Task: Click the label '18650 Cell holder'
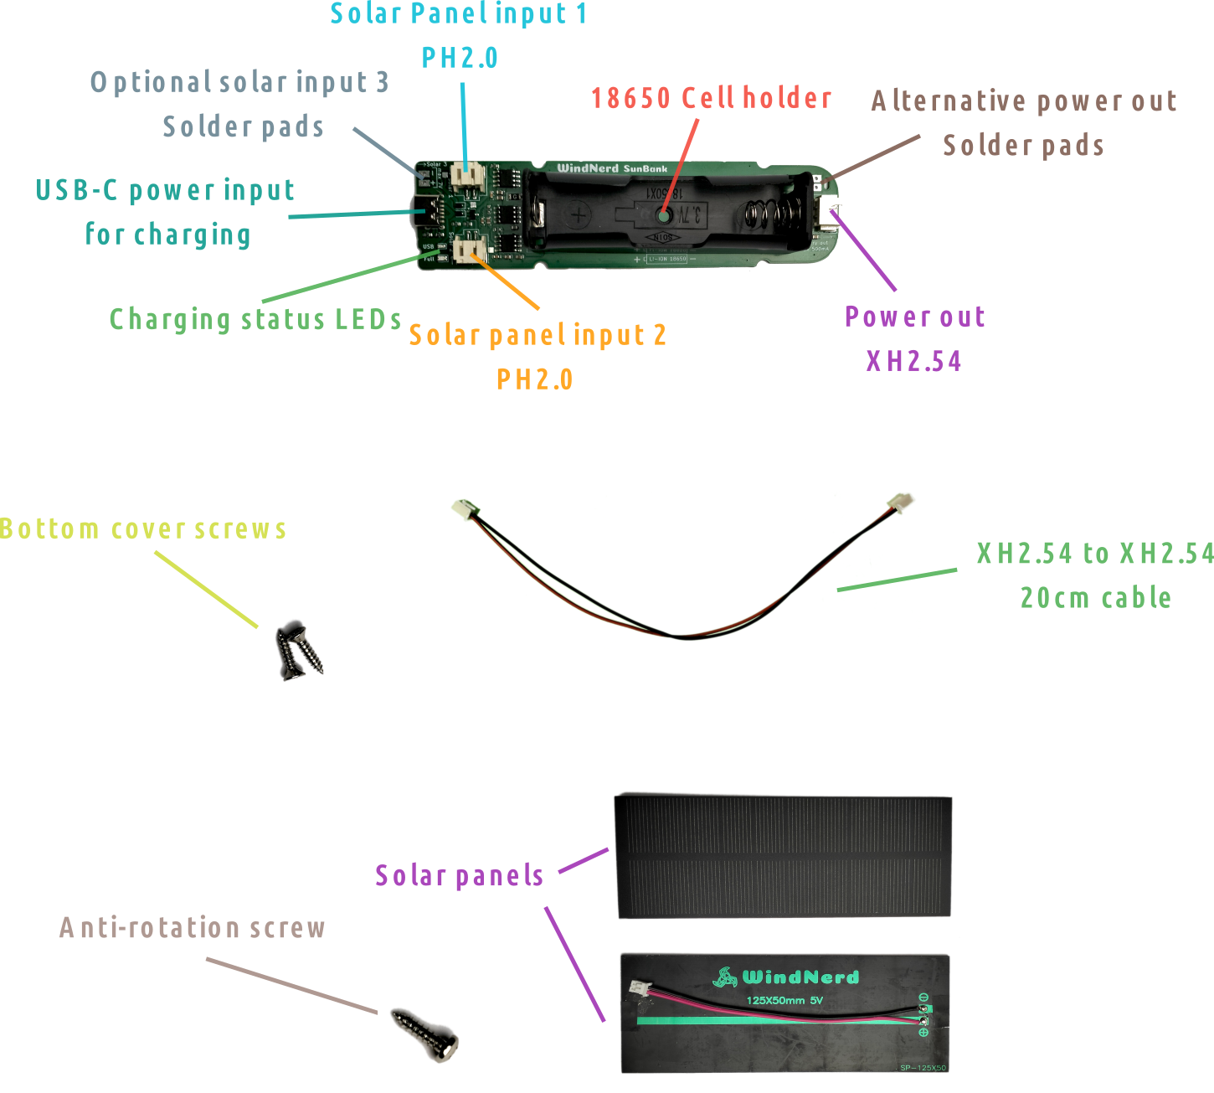click(x=711, y=99)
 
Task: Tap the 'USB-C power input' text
click(x=165, y=191)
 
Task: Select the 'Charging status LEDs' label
click(x=255, y=319)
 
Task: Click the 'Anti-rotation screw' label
click(x=192, y=928)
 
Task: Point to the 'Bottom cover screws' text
click(x=143, y=529)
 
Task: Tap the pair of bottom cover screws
click(x=298, y=648)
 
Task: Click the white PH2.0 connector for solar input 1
click(x=467, y=174)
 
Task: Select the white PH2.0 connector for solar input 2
click(x=470, y=250)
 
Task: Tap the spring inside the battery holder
click(x=766, y=216)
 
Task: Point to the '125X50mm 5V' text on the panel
click(x=784, y=1000)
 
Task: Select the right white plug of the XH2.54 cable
click(x=901, y=502)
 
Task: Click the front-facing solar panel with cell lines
click(x=783, y=855)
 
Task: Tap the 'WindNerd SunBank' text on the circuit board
click(x=612, y=168)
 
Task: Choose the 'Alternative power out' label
click(x=1023, y=101)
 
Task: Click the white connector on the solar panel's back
click(x=641, y=989)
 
